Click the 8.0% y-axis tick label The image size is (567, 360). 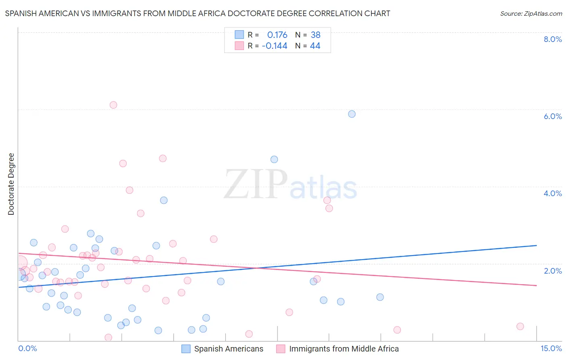552,39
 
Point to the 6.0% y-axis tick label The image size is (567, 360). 552,116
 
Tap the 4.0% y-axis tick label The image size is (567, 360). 552,193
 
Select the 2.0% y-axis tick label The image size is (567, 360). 552,271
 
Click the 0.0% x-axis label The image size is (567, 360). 28,349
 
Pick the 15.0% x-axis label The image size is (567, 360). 551,349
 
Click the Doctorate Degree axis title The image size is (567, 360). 11,184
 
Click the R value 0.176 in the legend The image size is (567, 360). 277,35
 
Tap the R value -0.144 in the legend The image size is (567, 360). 274,46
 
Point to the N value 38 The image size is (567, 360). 315,35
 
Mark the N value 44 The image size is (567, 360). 315,46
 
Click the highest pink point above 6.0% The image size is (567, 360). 113,105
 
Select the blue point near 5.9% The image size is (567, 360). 352,114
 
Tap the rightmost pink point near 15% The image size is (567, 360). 520,327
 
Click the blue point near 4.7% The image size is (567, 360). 274,159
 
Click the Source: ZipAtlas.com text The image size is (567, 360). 531,14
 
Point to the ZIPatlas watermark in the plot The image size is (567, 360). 290,184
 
